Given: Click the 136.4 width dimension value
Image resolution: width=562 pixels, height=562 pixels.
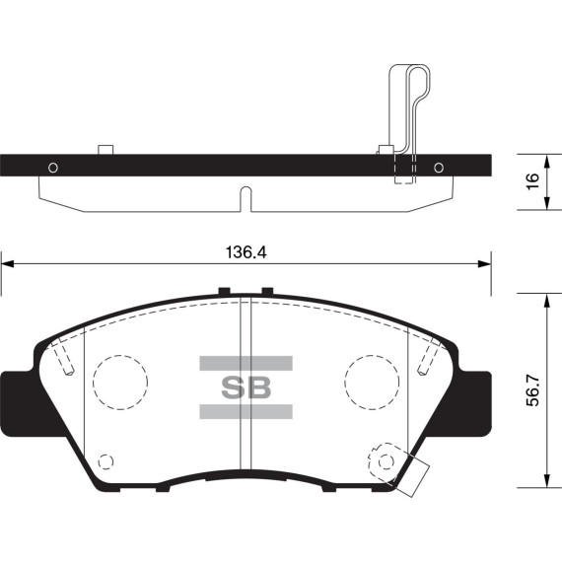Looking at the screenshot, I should (246, 252).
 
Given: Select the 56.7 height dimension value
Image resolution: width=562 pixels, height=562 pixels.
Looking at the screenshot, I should (533, 389).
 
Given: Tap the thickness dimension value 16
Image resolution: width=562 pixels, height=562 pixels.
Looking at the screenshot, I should (532, 181).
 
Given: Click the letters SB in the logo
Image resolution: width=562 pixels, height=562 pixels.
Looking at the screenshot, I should (246, 387).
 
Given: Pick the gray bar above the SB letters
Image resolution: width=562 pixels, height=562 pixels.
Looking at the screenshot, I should (246, 363).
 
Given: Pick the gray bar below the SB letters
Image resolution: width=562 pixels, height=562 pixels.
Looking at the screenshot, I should (246, 411).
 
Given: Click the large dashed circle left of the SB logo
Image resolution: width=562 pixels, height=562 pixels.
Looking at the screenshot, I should (118, 381).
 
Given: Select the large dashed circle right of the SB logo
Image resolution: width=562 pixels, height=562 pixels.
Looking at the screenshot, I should (373, 381).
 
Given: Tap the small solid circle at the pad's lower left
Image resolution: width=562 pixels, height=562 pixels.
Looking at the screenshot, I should (106, 460).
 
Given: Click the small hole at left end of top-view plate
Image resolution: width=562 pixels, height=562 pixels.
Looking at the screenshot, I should (52, 166).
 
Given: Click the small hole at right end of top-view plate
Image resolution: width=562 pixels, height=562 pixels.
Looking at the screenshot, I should (438, 166).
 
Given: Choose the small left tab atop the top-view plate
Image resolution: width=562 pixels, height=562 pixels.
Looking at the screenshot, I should (106, 150).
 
